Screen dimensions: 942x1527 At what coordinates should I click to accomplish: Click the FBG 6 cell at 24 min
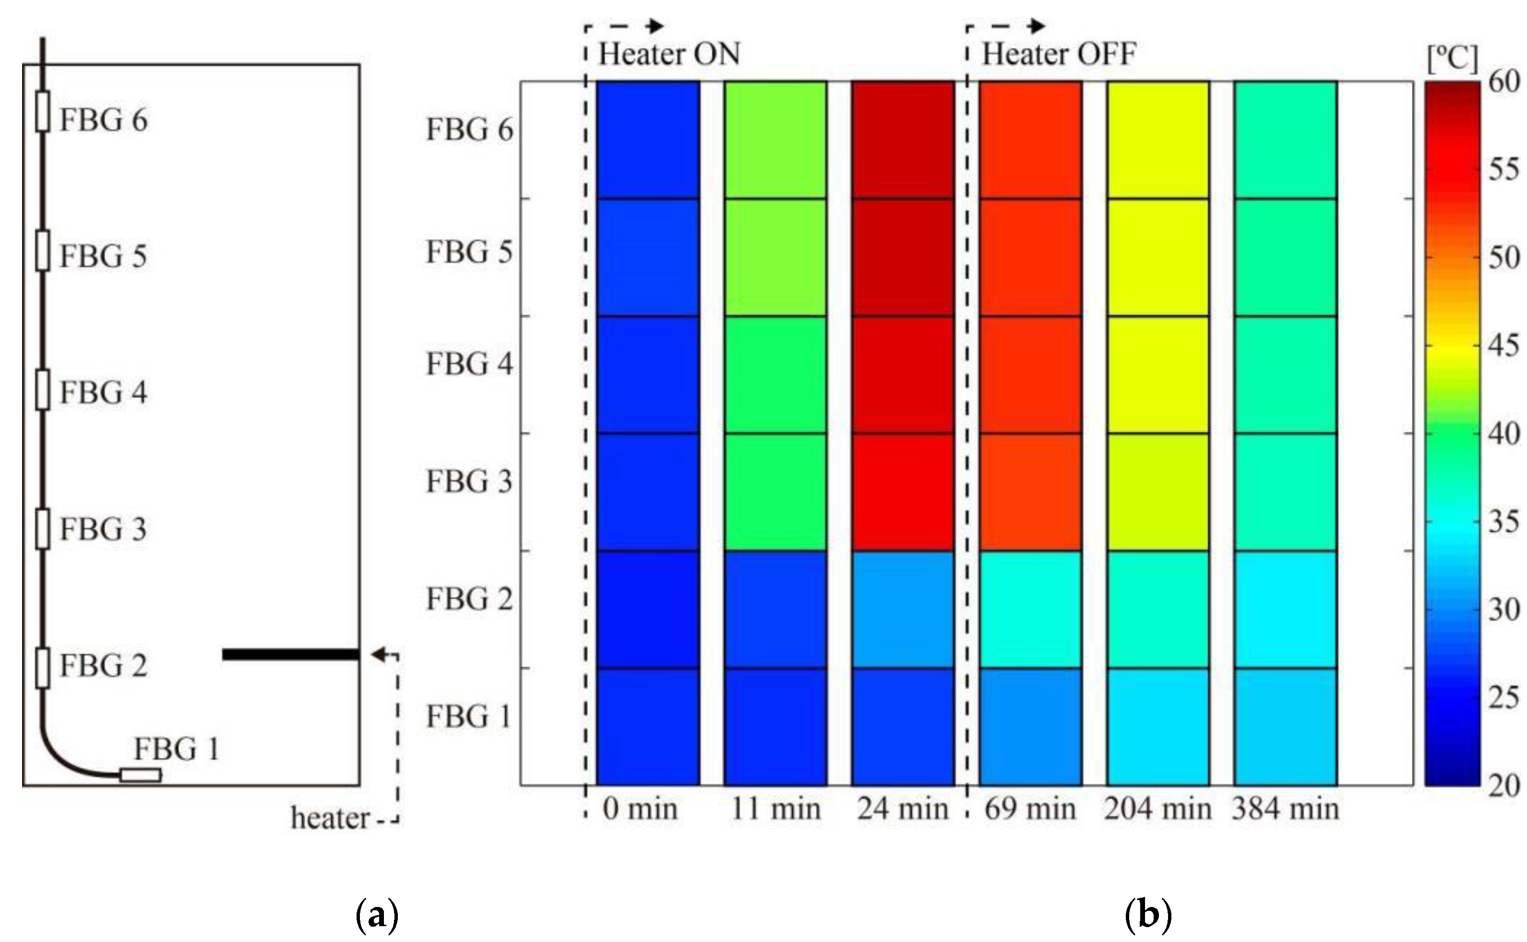coord(903,140)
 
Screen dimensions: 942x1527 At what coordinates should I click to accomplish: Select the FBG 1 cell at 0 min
coord(648,727)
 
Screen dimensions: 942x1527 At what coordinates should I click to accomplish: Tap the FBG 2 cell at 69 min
coord(1030,609)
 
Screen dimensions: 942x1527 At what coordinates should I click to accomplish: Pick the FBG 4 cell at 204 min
coord(1157,374)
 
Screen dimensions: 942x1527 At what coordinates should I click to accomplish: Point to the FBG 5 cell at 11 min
coord(775,257)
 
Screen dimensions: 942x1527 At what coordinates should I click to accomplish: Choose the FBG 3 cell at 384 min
coord(1285,491)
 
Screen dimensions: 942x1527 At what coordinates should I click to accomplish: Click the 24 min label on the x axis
coord(903,809)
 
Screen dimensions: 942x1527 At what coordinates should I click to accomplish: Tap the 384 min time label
coord(1285,809)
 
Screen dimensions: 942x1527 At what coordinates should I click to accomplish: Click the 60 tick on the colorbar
coord(1504,82)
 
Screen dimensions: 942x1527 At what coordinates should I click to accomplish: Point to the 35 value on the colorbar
coord(1504,522)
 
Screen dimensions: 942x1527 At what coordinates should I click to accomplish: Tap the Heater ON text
coord(669,54)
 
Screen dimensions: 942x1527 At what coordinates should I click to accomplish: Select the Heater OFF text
coord(1059,54)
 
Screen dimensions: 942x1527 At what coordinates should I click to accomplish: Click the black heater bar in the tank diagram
coord(290,654)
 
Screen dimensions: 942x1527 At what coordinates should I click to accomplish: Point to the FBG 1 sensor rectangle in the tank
coord(141,775)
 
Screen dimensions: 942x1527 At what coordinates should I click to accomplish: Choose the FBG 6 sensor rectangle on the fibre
coord(42,111)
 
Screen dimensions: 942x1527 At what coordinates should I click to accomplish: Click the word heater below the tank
coord(330,819)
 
